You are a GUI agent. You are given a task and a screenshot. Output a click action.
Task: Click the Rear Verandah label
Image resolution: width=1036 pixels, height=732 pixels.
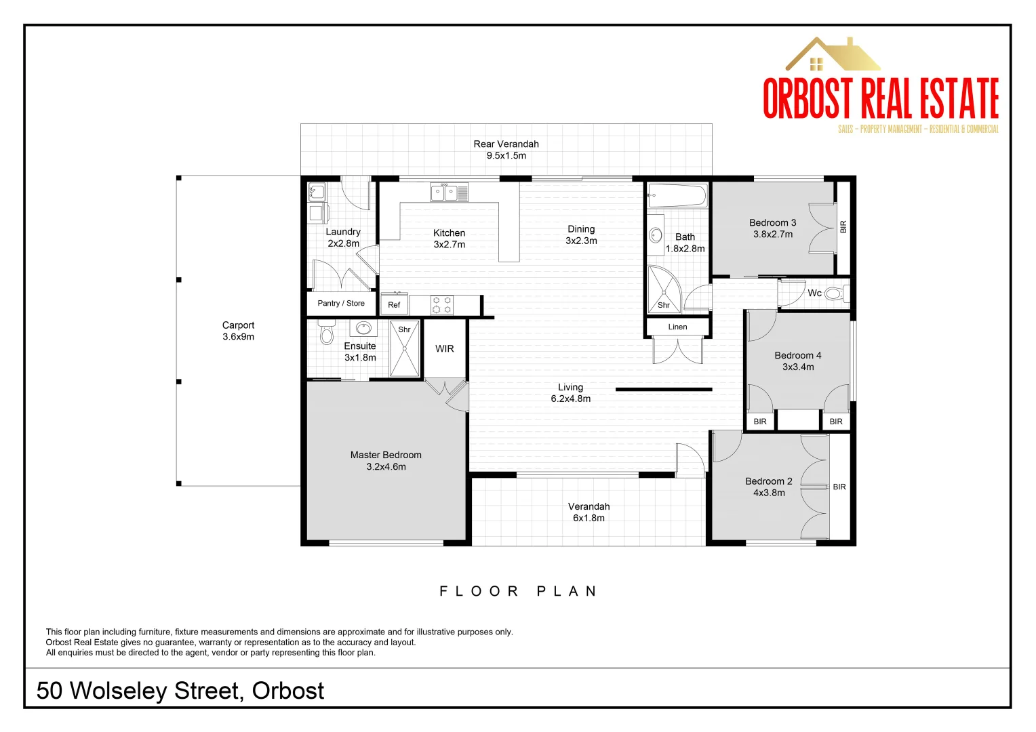(x=506, y=144)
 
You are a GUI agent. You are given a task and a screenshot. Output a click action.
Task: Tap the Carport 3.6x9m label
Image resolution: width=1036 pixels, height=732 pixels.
(x=238, y=331)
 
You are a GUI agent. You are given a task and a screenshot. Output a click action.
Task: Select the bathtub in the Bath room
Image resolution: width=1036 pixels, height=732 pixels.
(x=677, y=197)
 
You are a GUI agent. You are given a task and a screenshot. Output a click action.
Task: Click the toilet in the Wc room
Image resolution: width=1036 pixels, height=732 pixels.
(x=833, y=294)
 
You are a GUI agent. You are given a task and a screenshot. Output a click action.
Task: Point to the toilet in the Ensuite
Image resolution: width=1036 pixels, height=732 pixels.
(x=327, y=333)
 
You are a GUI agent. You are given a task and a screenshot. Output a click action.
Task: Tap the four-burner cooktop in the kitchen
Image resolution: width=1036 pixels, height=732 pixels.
(x=442, y=305)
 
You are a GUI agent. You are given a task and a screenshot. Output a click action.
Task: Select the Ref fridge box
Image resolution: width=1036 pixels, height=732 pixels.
(x=394, y=304)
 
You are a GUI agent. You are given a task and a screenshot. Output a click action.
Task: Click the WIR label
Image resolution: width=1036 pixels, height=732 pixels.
(x=445, y=349)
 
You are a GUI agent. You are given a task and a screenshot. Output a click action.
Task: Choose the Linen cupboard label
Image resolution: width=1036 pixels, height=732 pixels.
(x=677, y=327)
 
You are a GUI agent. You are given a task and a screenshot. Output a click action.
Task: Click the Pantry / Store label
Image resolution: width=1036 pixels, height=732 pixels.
(x=341, y=304)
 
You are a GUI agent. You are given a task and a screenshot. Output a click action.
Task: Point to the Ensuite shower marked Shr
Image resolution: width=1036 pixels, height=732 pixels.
(x=405, y=349)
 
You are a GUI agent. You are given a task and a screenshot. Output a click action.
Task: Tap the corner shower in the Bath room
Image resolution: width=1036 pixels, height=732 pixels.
(x=662, y=289)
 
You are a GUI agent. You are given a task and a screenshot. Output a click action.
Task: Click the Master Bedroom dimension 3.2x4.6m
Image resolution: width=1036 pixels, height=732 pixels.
(x=386, y=467)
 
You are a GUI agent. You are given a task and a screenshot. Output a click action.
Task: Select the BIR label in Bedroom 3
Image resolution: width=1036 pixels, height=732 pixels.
(x=843, y=226)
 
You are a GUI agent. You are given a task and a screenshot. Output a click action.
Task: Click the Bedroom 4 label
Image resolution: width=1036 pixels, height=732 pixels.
(x=797, y=356)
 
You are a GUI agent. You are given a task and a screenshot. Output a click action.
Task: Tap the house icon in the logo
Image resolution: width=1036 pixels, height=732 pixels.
(x=832, y=55)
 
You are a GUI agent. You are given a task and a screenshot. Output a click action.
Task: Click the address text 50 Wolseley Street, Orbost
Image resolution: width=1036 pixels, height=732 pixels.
(x=180, y=691)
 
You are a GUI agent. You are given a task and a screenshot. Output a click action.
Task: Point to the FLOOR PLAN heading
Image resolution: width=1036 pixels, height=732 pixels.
(x=518, y=592)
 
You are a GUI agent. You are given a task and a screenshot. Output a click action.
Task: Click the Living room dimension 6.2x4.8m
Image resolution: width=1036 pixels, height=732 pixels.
(x=570, y=399)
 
